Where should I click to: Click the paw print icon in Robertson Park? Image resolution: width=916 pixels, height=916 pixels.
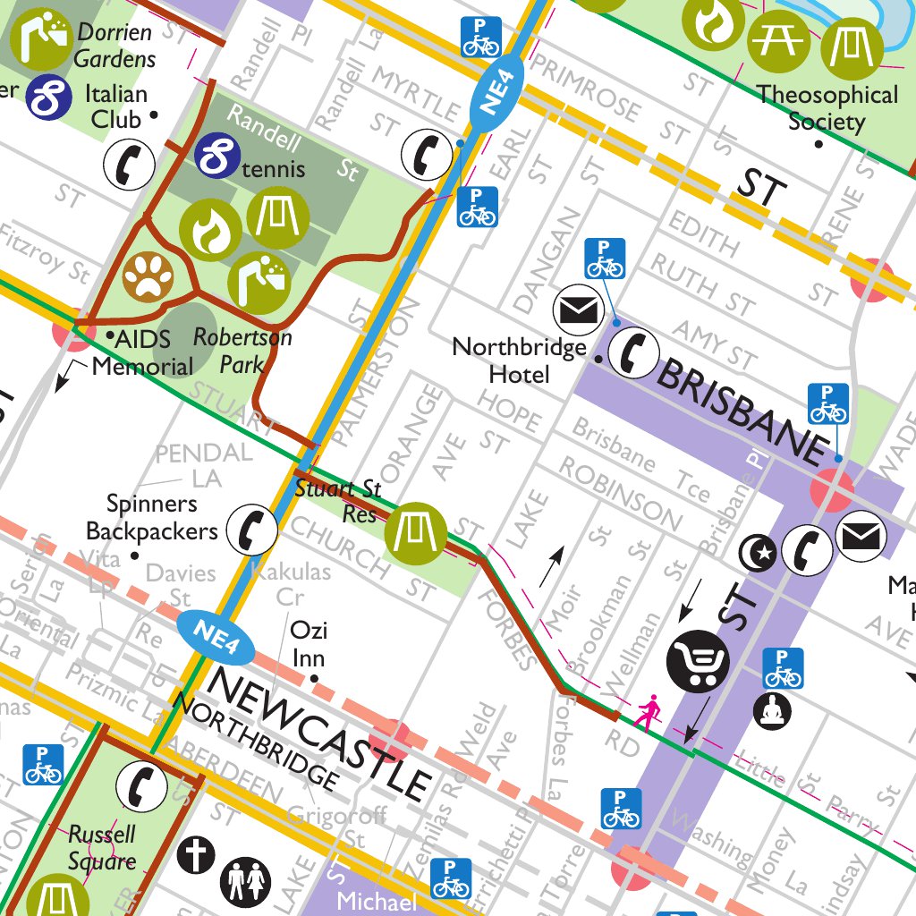148,277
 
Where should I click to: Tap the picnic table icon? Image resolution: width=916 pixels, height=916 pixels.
771,41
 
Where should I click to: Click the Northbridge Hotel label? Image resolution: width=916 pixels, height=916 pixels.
519,360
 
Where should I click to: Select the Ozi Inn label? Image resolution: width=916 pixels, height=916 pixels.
308,644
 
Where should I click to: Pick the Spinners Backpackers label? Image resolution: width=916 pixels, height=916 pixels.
151,518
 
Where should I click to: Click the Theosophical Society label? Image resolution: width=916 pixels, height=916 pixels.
827,107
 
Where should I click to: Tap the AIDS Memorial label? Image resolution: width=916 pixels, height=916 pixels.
143,352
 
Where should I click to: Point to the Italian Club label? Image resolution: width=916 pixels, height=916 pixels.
115,106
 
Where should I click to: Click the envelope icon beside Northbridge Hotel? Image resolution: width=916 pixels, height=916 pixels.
579,311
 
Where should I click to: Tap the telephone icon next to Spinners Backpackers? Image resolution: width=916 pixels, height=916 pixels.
250,529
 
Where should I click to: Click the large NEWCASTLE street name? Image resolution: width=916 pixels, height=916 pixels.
318,735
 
